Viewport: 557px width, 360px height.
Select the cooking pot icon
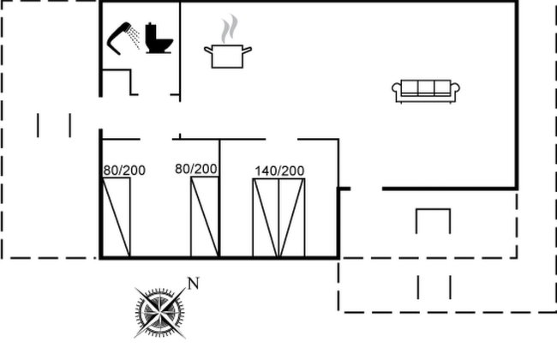(x=228, y=57)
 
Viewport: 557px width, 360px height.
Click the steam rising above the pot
(x=230, y=28)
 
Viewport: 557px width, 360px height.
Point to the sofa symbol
(x=426, y=92)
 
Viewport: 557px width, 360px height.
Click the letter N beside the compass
(x=194, y=284)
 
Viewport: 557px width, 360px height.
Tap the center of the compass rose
(x=160, y=312)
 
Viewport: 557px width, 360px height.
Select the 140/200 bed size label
(x=279, y=171)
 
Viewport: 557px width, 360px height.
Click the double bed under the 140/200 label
(x=278, y=218)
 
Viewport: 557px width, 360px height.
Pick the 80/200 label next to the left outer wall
(x=124, y=171)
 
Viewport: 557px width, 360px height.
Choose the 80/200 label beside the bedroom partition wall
(x=196, y=169)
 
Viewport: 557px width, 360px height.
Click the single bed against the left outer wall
(x=117, y=217)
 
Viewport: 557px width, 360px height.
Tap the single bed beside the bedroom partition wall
(x=205, y=216)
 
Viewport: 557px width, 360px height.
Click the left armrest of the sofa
(x=397, y=89)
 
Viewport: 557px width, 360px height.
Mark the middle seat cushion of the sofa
(x=426, y=87)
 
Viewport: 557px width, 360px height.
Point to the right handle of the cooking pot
(x=247, y=50)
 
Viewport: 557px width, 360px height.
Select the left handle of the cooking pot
(x=208, y=50)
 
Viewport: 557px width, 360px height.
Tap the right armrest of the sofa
(x=455, y=89)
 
